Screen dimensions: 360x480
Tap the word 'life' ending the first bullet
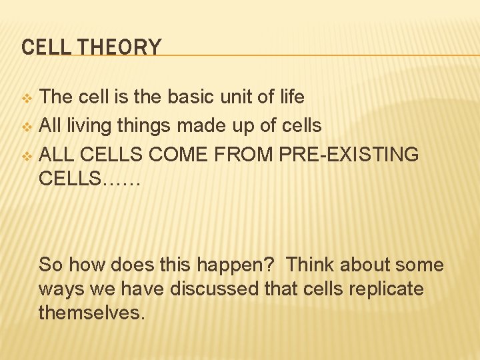[291, 97]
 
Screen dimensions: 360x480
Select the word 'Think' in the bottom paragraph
[311, 265]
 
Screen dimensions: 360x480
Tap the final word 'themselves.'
[91, 313]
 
